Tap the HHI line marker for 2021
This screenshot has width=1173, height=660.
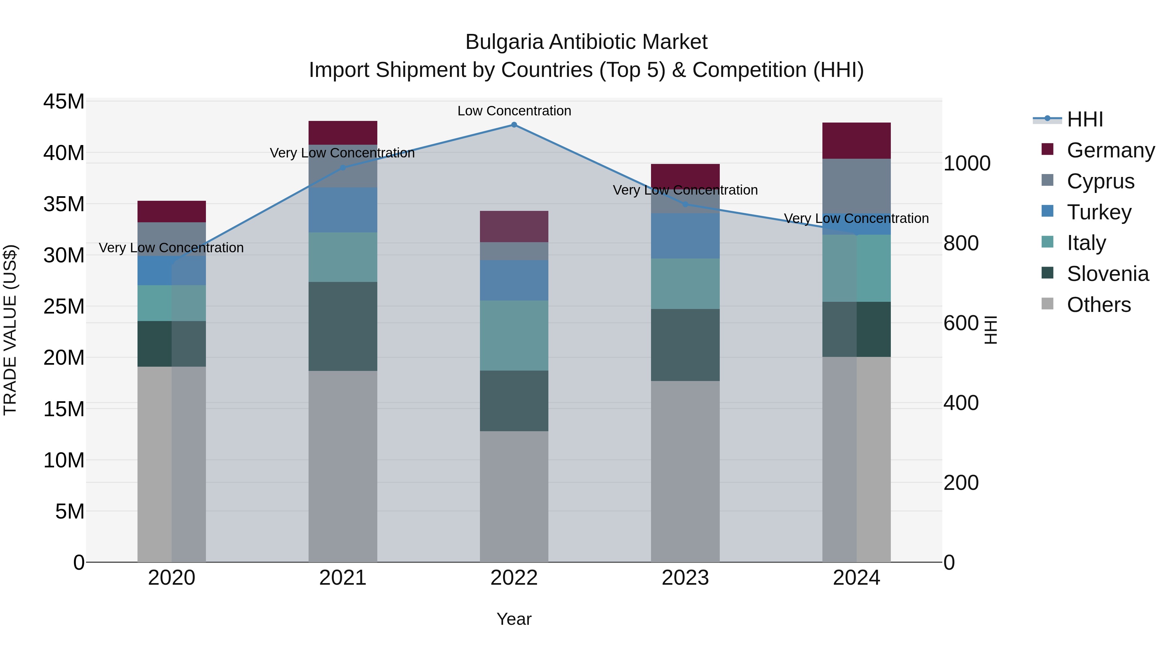[343, 168]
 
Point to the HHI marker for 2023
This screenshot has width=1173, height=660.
[685, 204]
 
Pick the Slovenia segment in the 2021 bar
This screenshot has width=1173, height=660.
[343, 326]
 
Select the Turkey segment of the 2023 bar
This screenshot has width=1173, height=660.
[685, 236]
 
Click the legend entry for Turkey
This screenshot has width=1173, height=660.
[1098, 212]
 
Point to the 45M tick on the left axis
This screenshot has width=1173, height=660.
[64, 102]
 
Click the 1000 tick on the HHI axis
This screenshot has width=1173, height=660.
[966, 164]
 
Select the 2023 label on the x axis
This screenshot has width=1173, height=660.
[685, 578]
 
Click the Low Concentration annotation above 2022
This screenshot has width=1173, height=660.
[514, 111]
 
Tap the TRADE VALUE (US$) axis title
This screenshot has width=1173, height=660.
[10, 330]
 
